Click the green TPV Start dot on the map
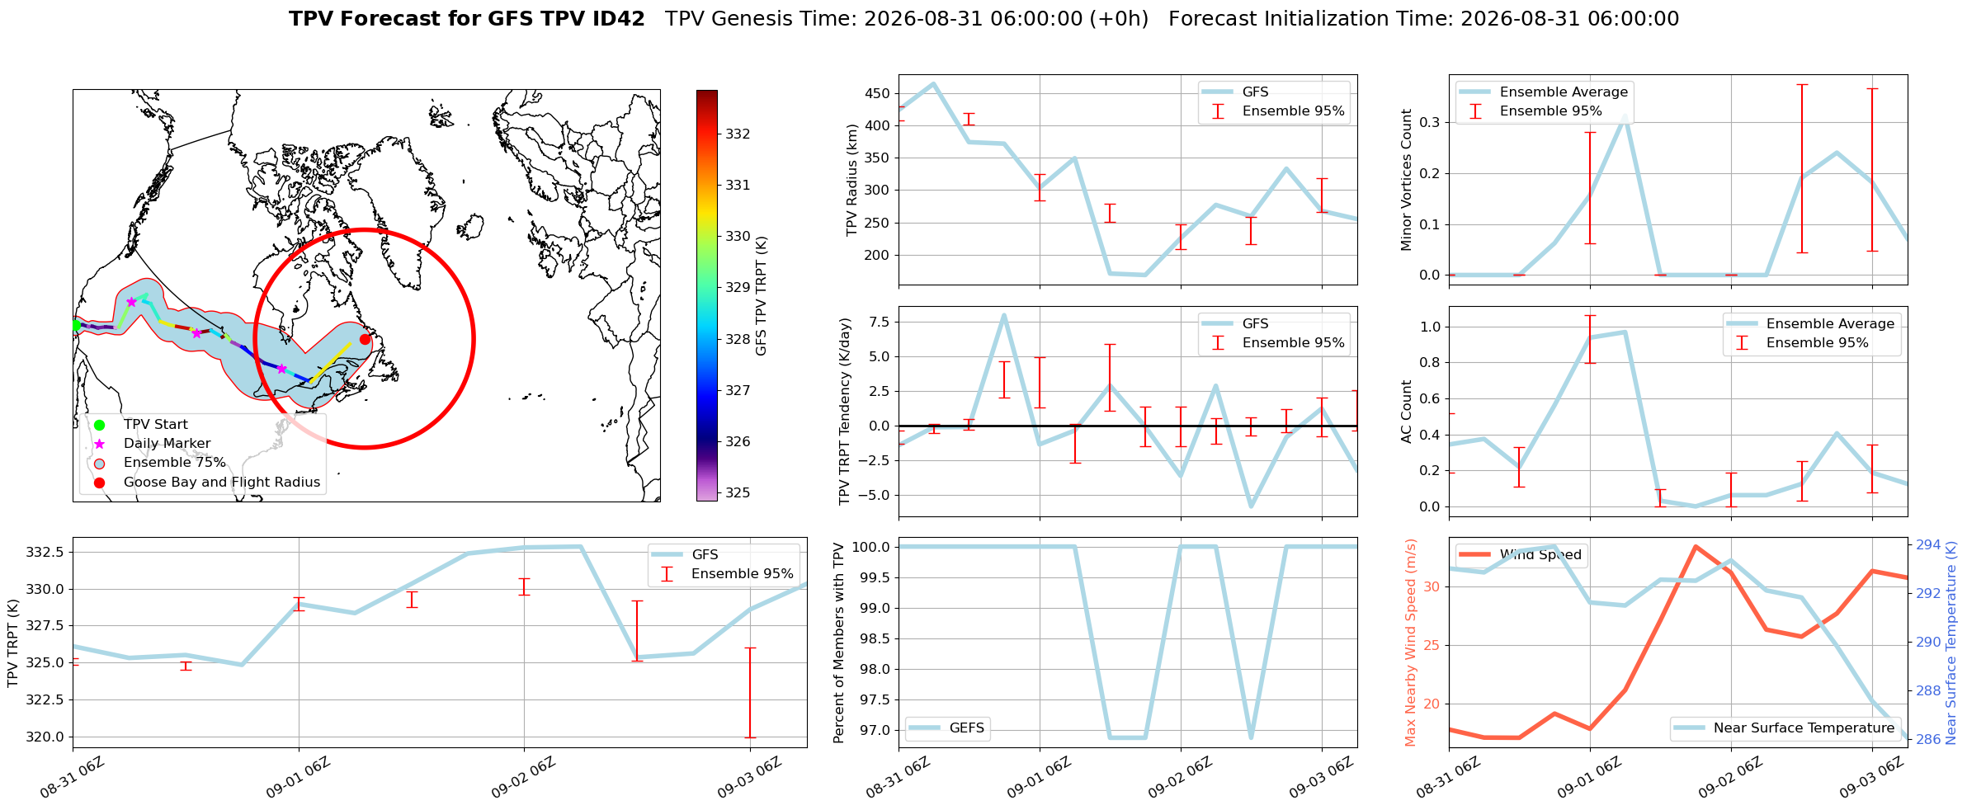[75, 325]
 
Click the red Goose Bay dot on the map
[366, 339]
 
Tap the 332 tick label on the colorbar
[738, 134]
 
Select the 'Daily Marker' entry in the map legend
[167, 444]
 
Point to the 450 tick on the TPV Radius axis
[877, 93]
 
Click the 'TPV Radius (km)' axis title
[852, 180]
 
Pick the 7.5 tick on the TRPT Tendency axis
[879, 322]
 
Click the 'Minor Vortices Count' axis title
[1407, 180]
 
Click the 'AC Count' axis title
[1407, 412]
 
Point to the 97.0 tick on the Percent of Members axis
[875, 730]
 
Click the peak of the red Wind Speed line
[1695, 546]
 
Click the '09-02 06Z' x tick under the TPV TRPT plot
[524, 779]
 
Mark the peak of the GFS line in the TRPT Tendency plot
[1003, 314]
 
